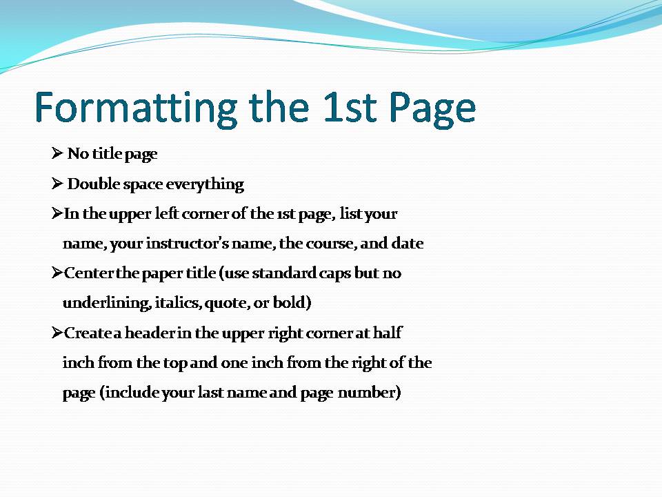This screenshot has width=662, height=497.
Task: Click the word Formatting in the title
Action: pos(136,108)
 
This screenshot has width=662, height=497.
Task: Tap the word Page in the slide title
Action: pos(433,108)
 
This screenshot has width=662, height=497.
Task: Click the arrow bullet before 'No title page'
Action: pos(57,153)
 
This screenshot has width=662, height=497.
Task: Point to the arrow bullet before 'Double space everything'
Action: pos(57,184)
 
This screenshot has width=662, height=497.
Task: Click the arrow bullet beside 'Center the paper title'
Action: pos(57,273)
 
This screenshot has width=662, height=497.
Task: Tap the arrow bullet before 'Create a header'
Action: pos(57,333)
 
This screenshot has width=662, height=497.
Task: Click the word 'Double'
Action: pos(94,184)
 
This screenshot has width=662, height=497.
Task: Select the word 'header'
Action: pos(150,333)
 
